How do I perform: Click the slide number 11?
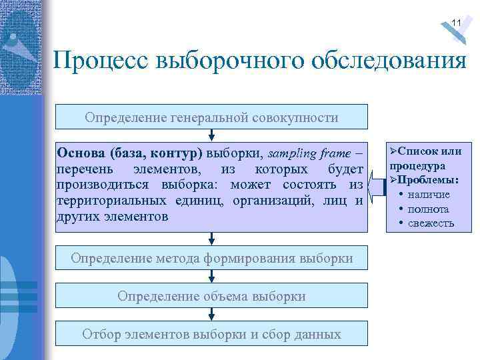(456, 23)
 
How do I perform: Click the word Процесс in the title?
(99, 62)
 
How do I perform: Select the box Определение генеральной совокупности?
(211, 117)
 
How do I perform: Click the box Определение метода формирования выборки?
(211, 257)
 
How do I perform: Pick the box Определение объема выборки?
(211, 295)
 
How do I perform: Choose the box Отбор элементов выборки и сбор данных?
(211, 334)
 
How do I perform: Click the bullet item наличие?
(429, 194)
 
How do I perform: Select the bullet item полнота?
(429, 209)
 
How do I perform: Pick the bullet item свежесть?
(431, 223)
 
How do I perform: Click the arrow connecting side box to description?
(377, 187)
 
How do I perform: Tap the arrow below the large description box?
(211, 238)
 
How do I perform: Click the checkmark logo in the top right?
(459, 27)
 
